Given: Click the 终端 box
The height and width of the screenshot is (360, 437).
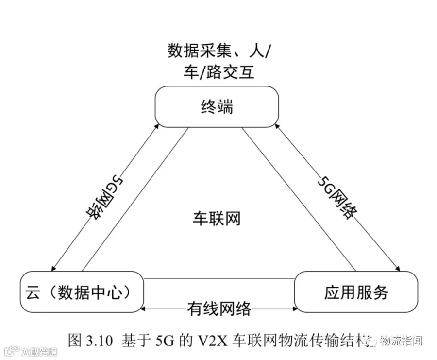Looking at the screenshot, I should (217, 107).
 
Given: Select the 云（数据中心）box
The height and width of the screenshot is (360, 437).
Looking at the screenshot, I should (82, 291).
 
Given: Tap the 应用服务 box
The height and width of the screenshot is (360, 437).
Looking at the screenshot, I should (356, 291).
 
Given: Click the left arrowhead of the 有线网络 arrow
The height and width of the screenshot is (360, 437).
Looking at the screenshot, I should (142, 309).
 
